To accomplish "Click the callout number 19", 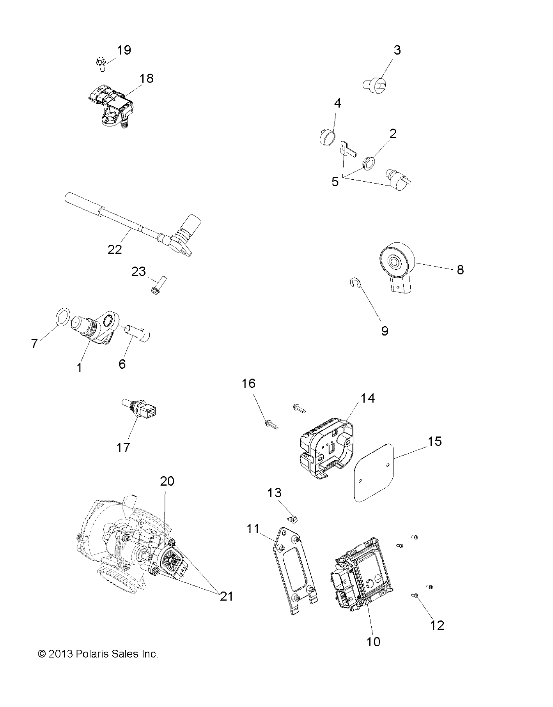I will [124, 50].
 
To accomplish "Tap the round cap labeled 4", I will [326, 138].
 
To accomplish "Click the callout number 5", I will [335, 182].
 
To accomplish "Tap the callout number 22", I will [114, 249].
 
